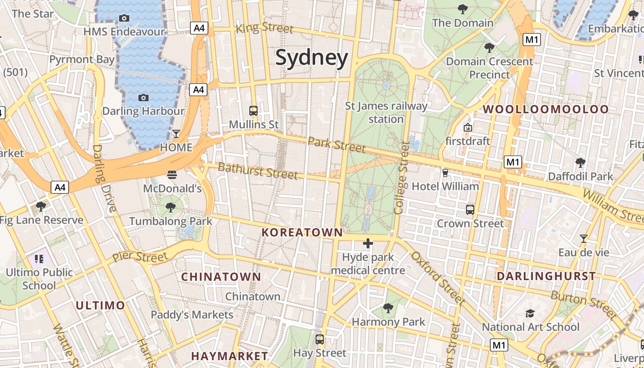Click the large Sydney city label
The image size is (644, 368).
[x=311, y=58]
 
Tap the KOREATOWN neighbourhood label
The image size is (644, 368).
[x=302, y=233]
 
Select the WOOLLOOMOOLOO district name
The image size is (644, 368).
[x=546, y=109]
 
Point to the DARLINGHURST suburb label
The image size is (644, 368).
[x=546, y=276]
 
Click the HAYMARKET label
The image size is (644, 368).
[x=230, y=356]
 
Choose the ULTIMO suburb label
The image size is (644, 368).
[x=100, y=305]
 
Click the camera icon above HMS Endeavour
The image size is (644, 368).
[x=124, y=18]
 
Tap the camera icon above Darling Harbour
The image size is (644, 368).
[x=144, y=98]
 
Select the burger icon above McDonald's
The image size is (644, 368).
[x=172, y=175]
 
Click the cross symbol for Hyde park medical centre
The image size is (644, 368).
[x=368, y=243]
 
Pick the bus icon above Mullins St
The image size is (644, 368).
[x=253, y=111]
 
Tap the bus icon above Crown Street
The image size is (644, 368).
[x=470, y=210]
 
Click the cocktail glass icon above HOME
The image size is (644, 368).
[x=176, y=134]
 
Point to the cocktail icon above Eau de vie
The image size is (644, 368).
[x=584, y=239]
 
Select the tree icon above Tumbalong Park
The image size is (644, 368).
[x=171, y=207]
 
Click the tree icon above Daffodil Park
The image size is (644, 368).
[x=581, y=162]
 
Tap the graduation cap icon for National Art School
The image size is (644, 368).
[x=530, y=314]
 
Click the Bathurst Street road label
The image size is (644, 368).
[x=258, y=171]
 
